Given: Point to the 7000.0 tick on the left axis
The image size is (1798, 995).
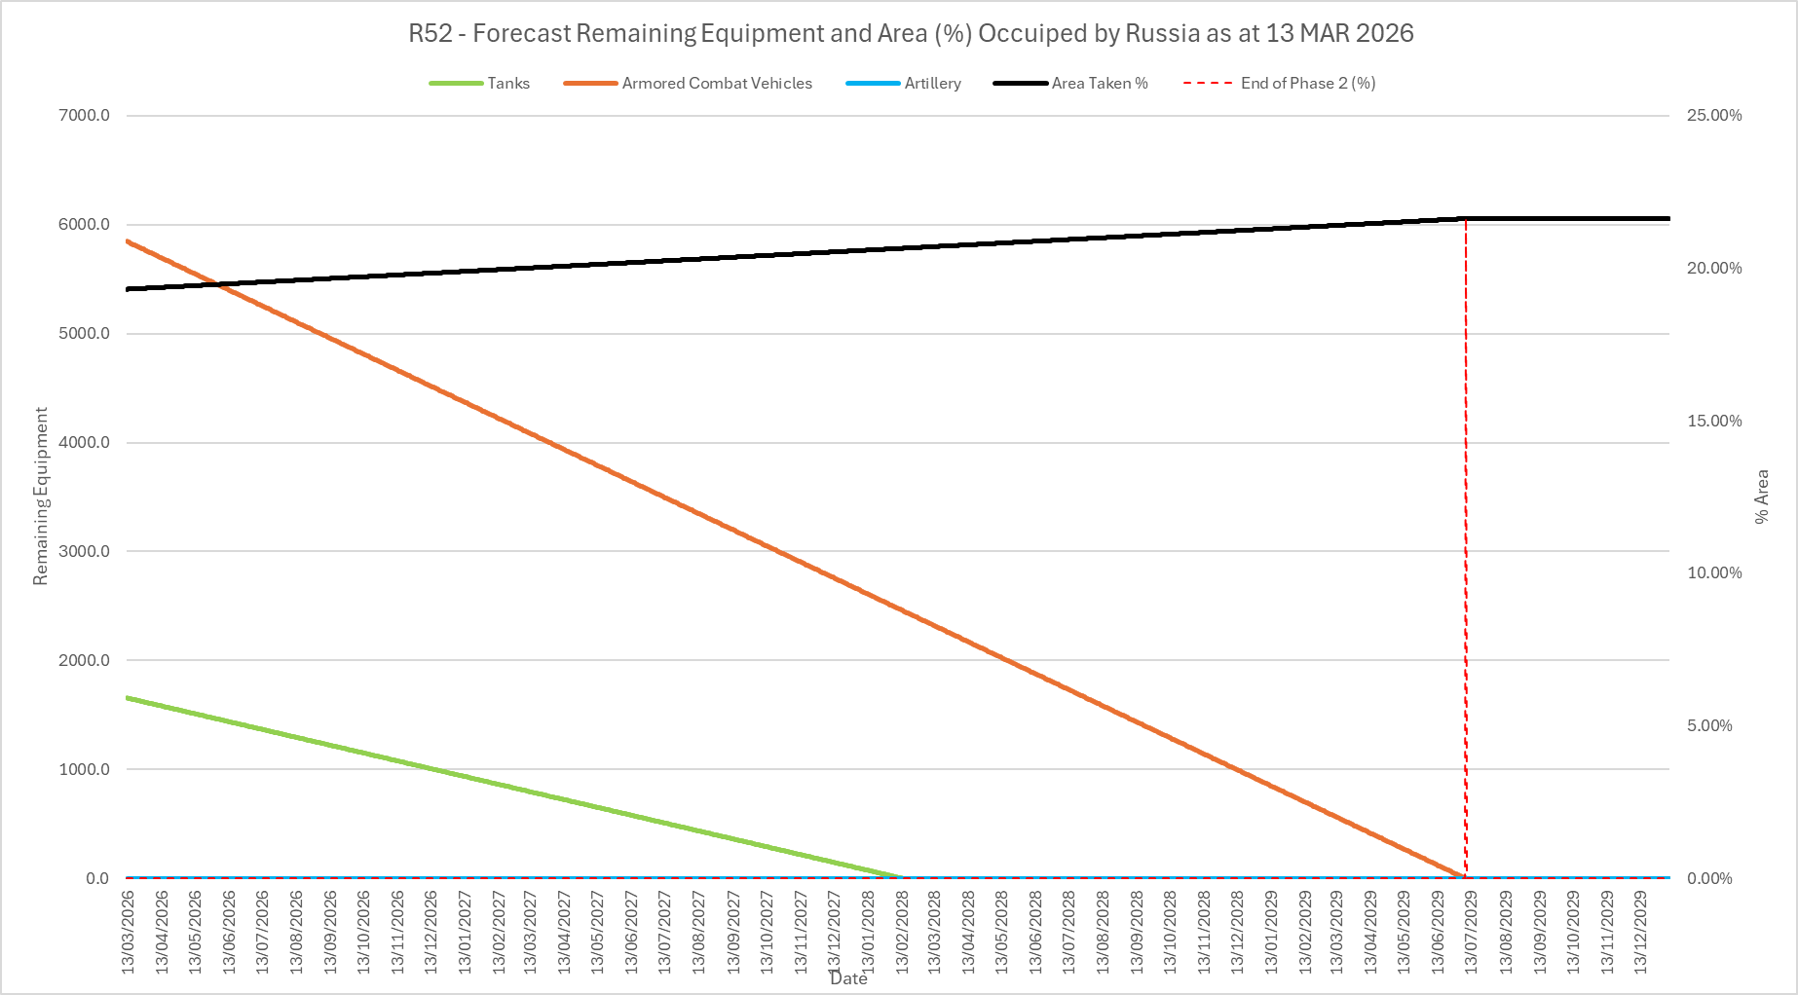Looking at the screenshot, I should pos(85,116).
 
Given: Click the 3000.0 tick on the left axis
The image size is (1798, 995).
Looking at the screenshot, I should pos(85,552).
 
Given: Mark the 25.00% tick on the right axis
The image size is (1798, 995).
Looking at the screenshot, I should pos(1714,116).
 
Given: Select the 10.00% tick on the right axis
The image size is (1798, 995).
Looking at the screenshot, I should pos(1714,573).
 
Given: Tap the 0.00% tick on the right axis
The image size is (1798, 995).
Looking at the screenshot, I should pos(1709,879).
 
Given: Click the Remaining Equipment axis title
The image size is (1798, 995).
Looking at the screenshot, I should pos(40,497).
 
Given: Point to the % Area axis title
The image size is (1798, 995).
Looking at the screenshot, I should pos(1761,497).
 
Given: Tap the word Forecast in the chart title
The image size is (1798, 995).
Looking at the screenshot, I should pos(522,34).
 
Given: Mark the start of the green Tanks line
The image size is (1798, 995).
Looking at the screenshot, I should pos(128,697).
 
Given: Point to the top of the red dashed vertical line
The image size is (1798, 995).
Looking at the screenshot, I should pos(1466,219).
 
